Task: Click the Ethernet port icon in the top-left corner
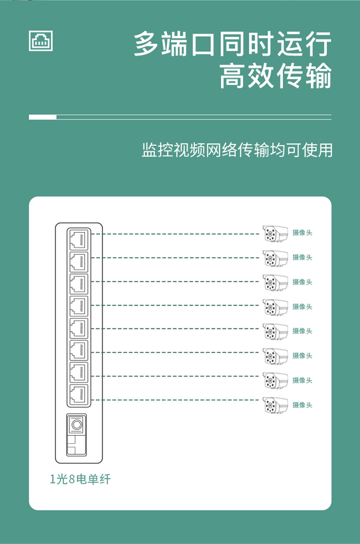(40, 41)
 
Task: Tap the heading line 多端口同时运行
(233, 44)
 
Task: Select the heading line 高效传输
(276, 75)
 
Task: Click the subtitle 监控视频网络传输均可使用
(237, 150)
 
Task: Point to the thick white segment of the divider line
(43, 117)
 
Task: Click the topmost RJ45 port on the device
(79, 240)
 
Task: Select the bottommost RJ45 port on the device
(79, 395)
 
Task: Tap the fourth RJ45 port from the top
(79, 306)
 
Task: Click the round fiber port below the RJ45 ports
(77, 425)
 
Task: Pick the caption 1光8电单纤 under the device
(80, 479)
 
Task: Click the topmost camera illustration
(275, 234)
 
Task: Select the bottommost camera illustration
(275, 405)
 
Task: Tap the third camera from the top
(275, 283)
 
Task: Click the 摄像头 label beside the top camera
(302, 232)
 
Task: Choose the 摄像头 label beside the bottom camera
(302, 405)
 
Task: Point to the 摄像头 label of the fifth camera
(302, 331)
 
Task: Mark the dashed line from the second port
(175, 258)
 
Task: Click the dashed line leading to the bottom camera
(175, 400)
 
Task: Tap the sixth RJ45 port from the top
(79, 350)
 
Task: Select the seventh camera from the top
(275, 380)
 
